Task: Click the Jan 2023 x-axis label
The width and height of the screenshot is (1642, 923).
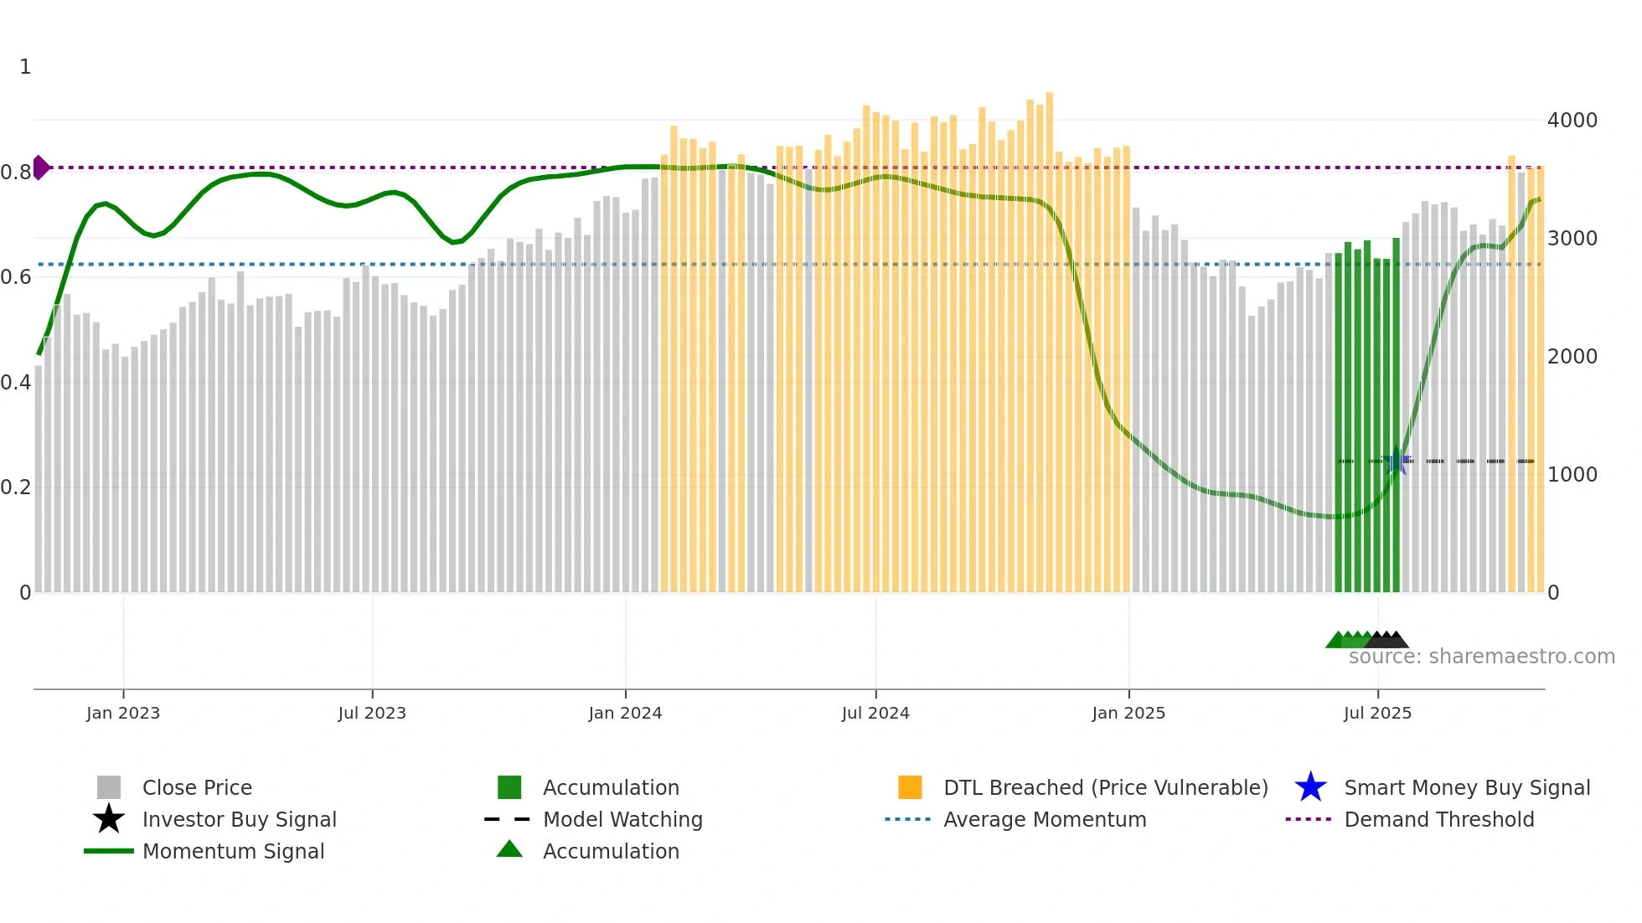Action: point(122,713)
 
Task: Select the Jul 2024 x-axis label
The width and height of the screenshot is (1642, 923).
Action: point(875,713)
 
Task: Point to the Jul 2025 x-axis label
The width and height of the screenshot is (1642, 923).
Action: point(1377,713)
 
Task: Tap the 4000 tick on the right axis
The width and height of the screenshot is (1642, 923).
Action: point(1572,121)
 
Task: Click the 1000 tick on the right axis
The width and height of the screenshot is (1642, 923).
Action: point(1572,475)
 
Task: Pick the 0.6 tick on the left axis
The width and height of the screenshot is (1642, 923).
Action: point(15,277)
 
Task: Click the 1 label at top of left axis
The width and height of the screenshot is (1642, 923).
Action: point(25,67)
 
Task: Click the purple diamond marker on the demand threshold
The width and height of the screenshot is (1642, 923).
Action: point(40,168)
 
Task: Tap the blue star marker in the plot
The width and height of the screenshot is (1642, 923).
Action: point(1397,461)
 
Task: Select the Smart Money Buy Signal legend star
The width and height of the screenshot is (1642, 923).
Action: point(1310,787)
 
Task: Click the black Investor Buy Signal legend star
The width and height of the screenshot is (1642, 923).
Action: point(109,819)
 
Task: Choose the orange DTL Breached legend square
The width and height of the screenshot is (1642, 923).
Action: point(910,787)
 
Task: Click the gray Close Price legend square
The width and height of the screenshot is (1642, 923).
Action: point(109,787)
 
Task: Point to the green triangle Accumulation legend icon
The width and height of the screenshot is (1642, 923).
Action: point(509,850)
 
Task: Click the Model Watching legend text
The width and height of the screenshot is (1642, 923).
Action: point(622,819)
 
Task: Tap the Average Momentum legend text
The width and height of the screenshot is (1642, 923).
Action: point(1045,819)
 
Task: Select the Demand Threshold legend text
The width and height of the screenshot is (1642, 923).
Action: point(1438,819)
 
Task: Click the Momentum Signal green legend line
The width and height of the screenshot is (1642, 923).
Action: point(109,851)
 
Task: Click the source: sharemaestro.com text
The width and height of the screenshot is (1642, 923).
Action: point(1481,657)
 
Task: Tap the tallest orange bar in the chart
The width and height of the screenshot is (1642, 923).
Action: point(1049,335)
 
